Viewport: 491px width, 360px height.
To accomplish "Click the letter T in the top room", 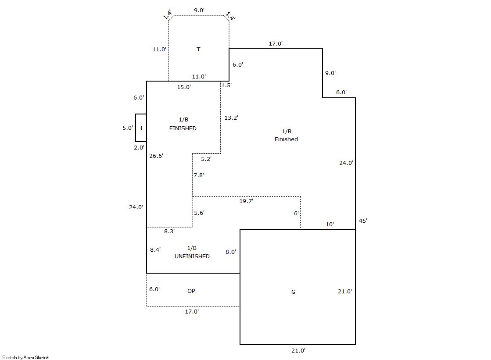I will [198, 49].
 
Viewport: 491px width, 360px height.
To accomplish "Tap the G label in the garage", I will [293, 292].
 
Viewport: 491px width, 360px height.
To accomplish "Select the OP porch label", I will [191, 291].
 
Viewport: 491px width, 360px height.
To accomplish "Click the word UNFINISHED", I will [192, 257].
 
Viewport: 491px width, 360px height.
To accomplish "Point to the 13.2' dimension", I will [231, 118].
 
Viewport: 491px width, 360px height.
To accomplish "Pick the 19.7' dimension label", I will [246, 201].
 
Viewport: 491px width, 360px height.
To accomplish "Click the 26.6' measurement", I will [156, 155].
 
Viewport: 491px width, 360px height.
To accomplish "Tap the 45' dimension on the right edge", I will [363, 221].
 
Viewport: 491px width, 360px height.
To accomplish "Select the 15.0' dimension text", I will [184, 87].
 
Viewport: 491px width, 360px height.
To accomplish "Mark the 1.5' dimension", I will [226, 85].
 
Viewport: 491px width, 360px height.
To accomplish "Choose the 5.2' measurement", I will [206, 159].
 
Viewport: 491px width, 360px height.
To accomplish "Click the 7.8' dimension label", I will [199, 175].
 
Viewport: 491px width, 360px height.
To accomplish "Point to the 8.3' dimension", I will [169, 231].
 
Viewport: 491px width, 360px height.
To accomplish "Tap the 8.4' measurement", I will [155, 250].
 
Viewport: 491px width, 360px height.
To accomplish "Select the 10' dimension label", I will [330, 224].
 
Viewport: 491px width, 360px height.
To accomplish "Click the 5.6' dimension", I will [199, 213].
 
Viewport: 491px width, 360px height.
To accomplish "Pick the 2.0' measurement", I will [139, 148].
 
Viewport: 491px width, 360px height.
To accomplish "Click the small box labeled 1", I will [141, 128].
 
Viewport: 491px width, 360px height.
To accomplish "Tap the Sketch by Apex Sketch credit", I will [25, 357].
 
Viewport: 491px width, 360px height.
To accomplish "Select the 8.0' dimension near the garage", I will [231, 252].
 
